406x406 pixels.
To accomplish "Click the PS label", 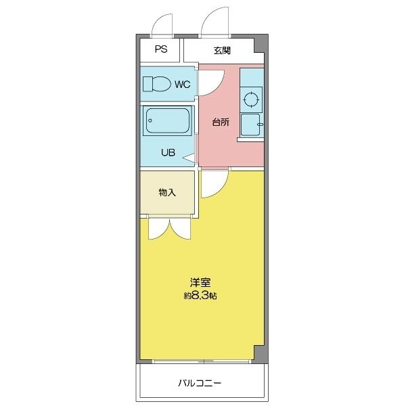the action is tap(161, 49).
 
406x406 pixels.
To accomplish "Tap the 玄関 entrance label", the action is tap(222, 51).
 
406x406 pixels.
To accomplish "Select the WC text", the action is tap(182, 85).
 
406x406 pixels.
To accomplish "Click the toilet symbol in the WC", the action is tap(157, 84).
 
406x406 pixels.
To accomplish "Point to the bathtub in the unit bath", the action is tap(168, 120).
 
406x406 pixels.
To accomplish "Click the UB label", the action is tap(168, 152).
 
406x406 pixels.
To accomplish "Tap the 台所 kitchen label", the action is tap(221, 122).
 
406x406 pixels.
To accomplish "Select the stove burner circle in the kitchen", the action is tap(251, 99).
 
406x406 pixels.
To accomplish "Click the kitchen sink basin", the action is tap(250, 125).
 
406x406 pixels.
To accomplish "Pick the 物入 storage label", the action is tap(167, 192).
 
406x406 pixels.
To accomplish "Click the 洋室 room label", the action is tap(200, 282).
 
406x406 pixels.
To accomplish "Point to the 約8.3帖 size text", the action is tap(200, 296).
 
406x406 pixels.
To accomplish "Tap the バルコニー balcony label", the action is tap(200, 383).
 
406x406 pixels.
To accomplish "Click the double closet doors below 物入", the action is tap(170, 228).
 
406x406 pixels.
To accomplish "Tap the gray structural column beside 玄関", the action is tap(261, 44).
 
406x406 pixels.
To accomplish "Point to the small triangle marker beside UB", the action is tap(189, 158).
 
